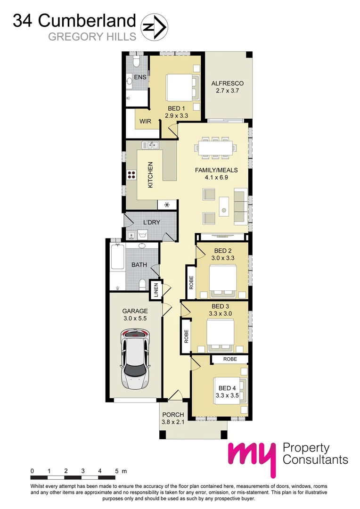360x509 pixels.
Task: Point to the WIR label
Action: coord(145,121)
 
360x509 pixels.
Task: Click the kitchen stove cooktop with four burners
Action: coord(131,175)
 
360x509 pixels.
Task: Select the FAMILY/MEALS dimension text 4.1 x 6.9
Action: coord(216,178)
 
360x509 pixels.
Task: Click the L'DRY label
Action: coord(152,222)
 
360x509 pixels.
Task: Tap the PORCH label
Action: coord(173,415)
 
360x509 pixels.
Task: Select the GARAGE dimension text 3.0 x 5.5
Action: coord(135,319)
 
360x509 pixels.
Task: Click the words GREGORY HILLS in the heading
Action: coord(92,36)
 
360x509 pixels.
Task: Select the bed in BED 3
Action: coord(221,335)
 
